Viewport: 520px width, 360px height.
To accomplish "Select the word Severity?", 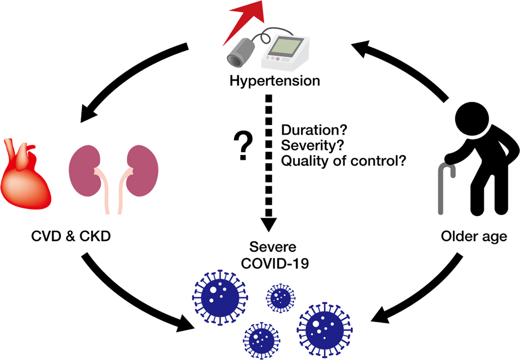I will (306, 146).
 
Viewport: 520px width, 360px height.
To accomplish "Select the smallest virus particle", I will (281, 298).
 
